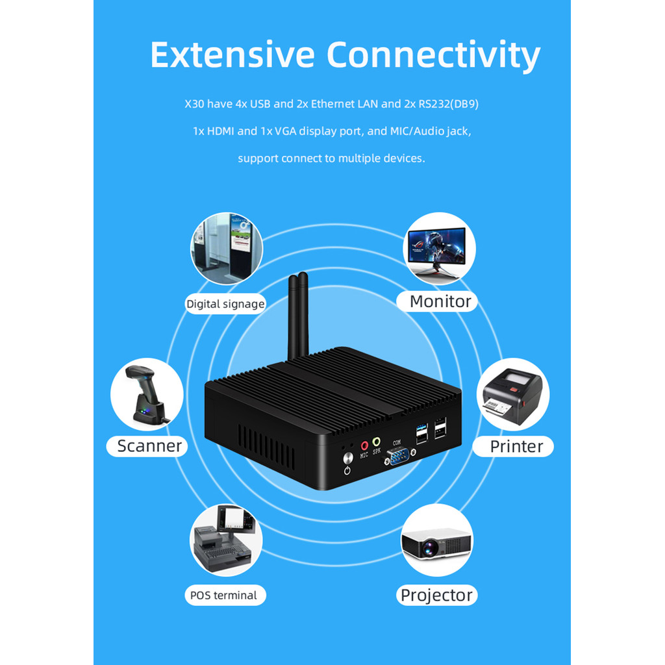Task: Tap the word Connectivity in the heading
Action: pyautogui.click(x=433, y=56)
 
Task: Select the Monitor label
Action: pyautogui.click(x=440, y=301)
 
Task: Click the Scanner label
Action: pyautogui.click(x=149, y=445)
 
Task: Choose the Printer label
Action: pyautogui.click(x=516, y=446)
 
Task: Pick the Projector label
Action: pyautogui.click(x=436, y=595)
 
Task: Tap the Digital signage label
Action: pyautogui.click(x=225, y=304)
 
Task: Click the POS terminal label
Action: pyautogui.click(x=223, y=595)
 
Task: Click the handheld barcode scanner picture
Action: pyautogui.click(x=146, y=394)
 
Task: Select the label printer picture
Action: pyautogui.click(x=513, y=395)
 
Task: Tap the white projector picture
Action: pyautogui.click(x=436, y=540)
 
